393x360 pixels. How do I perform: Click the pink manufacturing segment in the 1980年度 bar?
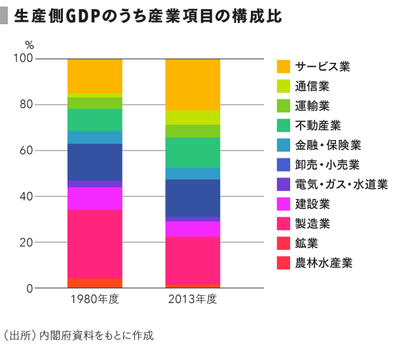tap(95, 243)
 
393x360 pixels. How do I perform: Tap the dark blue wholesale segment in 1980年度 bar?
tap(95, 162)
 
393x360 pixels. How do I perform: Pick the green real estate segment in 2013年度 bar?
tap(193, 153)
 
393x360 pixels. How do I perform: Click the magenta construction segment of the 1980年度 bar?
tap(95, 198)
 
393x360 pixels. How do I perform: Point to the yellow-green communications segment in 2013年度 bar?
tap(193, 117)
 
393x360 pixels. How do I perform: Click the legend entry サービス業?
tap(322, 67)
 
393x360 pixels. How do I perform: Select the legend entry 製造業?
tap(312, 224)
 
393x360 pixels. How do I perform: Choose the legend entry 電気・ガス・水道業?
tap(341, 185)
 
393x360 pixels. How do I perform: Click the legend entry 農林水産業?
tap(323, 263)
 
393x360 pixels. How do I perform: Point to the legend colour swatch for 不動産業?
tap(284, 126)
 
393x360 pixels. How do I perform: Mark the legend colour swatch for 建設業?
tap(284, 204)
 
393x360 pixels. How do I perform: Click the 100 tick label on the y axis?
tap(23, 59)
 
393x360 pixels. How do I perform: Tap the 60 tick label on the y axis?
tap(26, 151)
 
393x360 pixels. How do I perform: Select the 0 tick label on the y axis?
tap(29, 289)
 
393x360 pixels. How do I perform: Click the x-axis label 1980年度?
tap(95, 300)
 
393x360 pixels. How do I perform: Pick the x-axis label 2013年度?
tap(193, 300)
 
